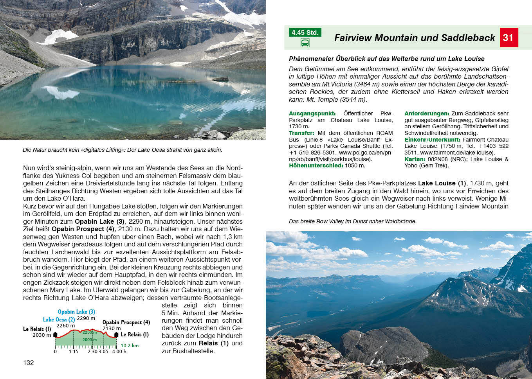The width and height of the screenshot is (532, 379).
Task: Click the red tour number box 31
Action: click(x=509, y=38)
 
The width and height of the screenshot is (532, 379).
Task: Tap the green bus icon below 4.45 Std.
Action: click(x=305, y=43)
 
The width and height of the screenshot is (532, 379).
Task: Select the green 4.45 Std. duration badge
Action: click(x=305, y=32)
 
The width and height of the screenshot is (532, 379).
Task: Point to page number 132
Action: click(x=29, y=363)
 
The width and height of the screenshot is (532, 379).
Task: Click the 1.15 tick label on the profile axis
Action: click(x=74, y=351)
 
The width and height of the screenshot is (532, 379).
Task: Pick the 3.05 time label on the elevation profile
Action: click(x=104, y=351)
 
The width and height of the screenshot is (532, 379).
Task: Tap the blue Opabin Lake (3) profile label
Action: click(x=76, y=312)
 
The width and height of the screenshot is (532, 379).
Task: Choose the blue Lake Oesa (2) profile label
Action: click(x=59, y=320)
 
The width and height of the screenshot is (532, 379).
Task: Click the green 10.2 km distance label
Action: click(x=130, y=345)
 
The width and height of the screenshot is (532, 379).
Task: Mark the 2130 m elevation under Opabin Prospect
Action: click(x=112, y=329)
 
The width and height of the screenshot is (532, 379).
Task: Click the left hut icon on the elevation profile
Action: click(x=55, y=334)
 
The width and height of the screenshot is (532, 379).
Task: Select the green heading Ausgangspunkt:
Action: click(x=312, y=113)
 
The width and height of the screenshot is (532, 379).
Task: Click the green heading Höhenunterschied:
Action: click(x=316, y=165)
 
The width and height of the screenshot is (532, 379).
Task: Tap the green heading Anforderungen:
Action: click(x=427, y=113)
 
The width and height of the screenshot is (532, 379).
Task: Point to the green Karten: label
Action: click(x=415, y=159)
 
